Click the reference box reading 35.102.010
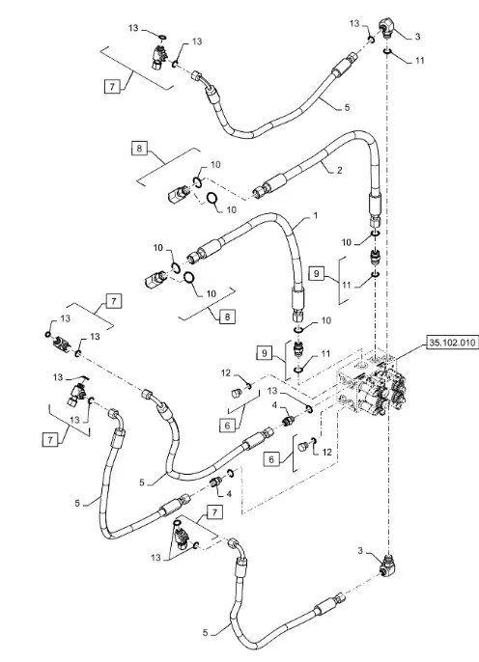(x=452, y=343)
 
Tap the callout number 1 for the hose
(x=315, y=216)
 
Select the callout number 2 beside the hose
(x=339, y=171)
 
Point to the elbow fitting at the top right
(x=385, y=28)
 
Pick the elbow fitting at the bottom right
(x=387, y=565)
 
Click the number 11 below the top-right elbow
(x=419, y=61)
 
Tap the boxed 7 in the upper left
(x=112, y=87)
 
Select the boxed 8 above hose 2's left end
(x=139, y=149)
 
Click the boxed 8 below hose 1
(x=227, y=317)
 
